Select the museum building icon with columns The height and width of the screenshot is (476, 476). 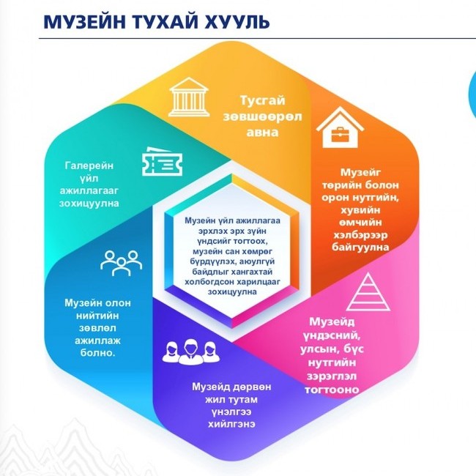tap(189, 97)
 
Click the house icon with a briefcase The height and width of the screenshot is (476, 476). tap(340, 127)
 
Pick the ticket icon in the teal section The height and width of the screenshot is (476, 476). tap(162, 161)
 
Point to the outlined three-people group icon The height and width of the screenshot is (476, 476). tap(121, 263)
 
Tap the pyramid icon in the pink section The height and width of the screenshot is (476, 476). tap(368, 291)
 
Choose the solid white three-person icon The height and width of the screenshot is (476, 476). tap(191, 352)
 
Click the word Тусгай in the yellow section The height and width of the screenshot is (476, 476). tap(263, 100)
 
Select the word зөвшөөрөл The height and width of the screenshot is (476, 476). tap(263, 116)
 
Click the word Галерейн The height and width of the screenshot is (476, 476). tap(89, 166)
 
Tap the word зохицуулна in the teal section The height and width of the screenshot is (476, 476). tap(89, 203)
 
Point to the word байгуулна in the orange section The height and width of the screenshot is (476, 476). tap(360, 247)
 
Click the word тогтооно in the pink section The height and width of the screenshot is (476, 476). tap(332, 390)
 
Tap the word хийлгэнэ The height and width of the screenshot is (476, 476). tap(231, 424)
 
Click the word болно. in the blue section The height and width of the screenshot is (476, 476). tap(97, 353)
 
